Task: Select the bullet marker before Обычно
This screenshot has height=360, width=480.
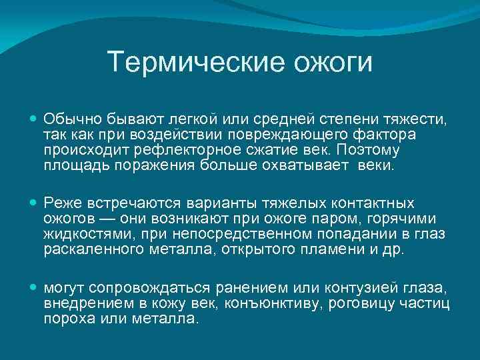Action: [34, 118]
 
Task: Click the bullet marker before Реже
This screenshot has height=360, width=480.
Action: [34, 202]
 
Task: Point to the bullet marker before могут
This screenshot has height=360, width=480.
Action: [34, 286]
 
